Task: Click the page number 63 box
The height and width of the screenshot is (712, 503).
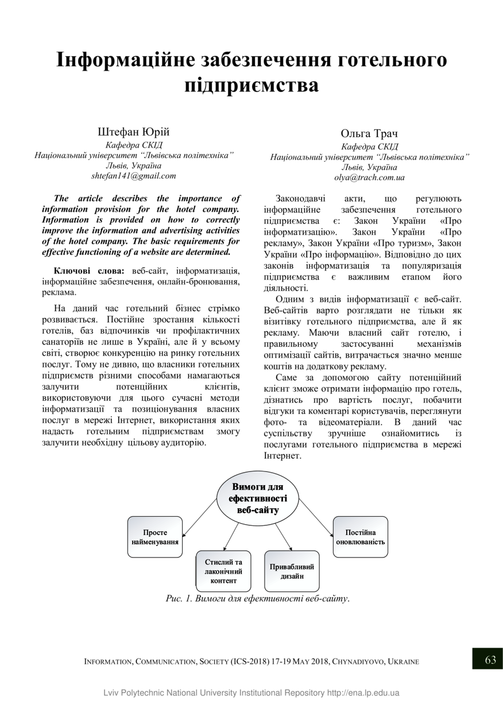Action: click(487, 660)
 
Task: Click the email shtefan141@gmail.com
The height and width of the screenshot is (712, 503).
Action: click(134, 176)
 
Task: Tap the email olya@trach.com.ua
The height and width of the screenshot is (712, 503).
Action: click(369, 177)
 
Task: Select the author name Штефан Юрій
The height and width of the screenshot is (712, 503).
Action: click(133, 131)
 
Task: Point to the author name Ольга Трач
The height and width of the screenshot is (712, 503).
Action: click(369, 134)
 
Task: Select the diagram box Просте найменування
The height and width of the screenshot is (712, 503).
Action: click(155, 537)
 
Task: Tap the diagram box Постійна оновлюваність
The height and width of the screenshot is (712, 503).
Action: click(360, 537)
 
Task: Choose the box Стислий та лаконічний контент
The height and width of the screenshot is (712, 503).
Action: click(223, 571)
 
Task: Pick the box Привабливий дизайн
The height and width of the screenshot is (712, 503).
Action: click(292, 571)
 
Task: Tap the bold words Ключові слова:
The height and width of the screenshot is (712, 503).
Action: click(88, 270)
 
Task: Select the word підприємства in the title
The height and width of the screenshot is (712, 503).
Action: click(251, 86)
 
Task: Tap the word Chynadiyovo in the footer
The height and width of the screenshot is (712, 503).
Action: click(358, 661)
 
